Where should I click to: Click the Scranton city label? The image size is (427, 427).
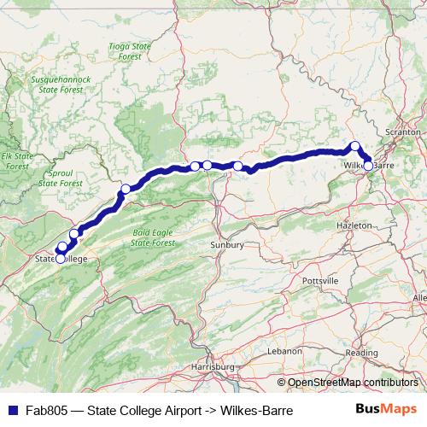403,133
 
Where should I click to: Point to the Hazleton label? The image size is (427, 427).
354,225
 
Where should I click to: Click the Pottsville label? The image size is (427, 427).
320,280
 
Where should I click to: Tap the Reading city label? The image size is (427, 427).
362,352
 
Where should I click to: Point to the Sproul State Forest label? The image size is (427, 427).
61,178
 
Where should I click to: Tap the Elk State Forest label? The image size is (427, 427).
15,161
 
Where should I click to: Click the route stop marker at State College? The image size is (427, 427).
60,258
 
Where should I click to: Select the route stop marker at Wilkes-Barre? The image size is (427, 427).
368,165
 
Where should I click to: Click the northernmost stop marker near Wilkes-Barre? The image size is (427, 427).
355,146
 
